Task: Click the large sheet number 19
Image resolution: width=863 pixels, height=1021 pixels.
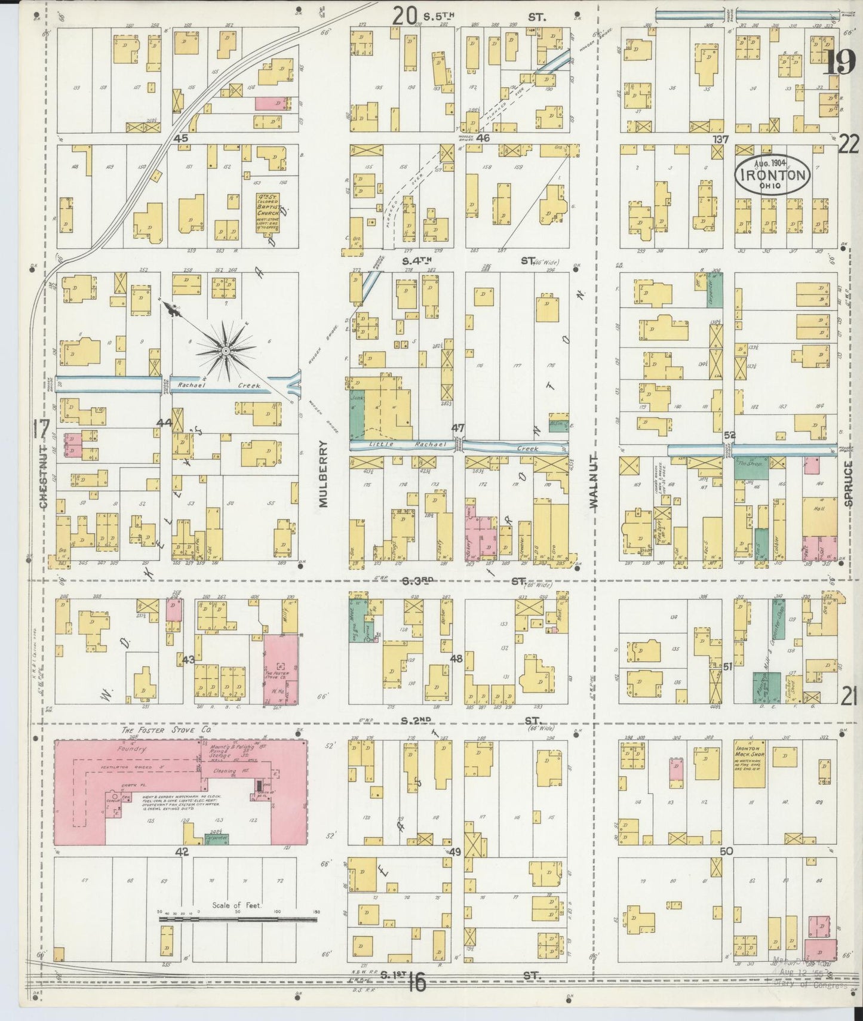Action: click(839, 62)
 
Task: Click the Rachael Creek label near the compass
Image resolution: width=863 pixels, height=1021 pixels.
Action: click(219, 386)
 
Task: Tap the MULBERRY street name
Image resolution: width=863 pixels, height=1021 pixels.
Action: click(324, 475)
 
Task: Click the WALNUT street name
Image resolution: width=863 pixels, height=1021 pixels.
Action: click(594, 480)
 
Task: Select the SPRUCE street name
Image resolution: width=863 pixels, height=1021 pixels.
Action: click(849, 483)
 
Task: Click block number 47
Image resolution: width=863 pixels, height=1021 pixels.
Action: click(458, 428)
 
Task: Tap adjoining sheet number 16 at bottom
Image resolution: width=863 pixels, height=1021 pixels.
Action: click(417, 982)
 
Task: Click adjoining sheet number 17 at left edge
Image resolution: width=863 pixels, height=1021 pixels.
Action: click(41, 428)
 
